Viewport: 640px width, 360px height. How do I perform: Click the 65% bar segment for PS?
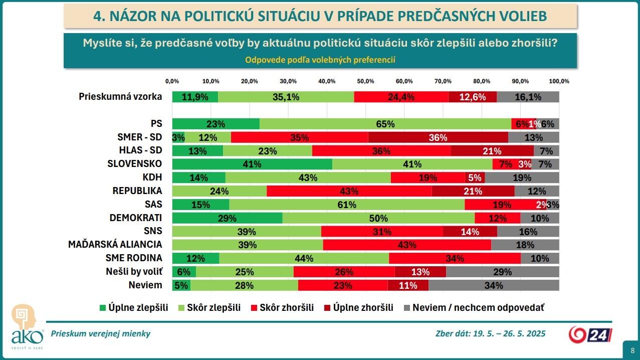385,124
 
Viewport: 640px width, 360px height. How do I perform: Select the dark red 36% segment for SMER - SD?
438,137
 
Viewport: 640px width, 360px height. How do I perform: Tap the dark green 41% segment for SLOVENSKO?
252,164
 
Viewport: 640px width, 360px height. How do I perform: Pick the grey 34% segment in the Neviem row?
494,285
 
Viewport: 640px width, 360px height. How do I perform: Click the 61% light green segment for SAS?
347,205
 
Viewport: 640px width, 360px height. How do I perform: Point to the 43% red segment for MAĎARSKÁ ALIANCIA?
407,245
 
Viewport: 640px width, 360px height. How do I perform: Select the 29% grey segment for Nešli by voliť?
502,272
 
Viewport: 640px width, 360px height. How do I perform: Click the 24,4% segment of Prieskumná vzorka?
401,97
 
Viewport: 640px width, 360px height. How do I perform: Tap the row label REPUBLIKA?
137,191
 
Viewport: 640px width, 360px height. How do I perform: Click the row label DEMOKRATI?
135,218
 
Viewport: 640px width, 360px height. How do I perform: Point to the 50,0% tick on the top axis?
365,81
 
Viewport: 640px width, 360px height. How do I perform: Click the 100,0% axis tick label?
559,81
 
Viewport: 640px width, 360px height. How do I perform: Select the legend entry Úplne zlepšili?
134,307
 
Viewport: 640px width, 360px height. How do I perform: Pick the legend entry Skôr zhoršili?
281,307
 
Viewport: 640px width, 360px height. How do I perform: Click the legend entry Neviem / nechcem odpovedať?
473,307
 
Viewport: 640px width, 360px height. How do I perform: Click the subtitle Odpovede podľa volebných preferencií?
320,60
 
